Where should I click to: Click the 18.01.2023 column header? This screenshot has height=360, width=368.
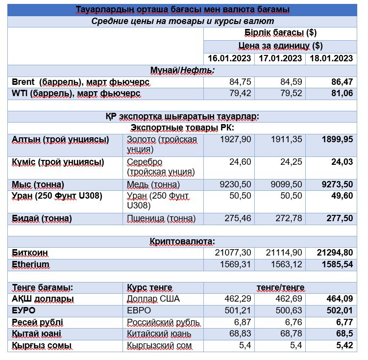(x=331, y=58)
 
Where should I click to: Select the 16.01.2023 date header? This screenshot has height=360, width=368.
(x=229, y=58)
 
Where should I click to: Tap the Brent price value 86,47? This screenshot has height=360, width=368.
(x=342, y=82)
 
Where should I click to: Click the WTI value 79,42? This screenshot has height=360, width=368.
(x=240, y=93)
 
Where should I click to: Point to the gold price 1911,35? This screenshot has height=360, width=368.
(x=286, y=139)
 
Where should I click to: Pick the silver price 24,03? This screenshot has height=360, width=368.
(x=342, y=162)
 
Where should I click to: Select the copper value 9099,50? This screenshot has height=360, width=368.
(x=286, y=184)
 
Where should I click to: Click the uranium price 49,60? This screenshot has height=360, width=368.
(x=342, y=196)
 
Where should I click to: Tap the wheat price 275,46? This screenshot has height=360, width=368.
(x=238, y=218)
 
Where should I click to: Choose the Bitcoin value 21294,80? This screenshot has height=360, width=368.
(x=335, y=253)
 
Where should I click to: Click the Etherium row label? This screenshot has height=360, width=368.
(x=30, y=264)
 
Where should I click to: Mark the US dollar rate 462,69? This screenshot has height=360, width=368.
(x=289, y=299)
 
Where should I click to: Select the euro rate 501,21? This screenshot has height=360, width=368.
(x=238, y=310)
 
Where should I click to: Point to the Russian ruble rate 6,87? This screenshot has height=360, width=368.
(x=243, y=322)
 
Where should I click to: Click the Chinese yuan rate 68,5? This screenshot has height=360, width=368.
(x=344, y=334)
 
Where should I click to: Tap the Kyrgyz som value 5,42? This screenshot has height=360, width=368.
(x=344, y=345)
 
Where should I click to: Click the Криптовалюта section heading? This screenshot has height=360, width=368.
(x=182, y=241)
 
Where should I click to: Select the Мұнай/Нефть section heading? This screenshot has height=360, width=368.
(x=182, y=70)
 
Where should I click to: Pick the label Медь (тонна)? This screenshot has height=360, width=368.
(x=153, y=185)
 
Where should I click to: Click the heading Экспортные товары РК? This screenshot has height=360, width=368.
(x=182, y=128)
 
